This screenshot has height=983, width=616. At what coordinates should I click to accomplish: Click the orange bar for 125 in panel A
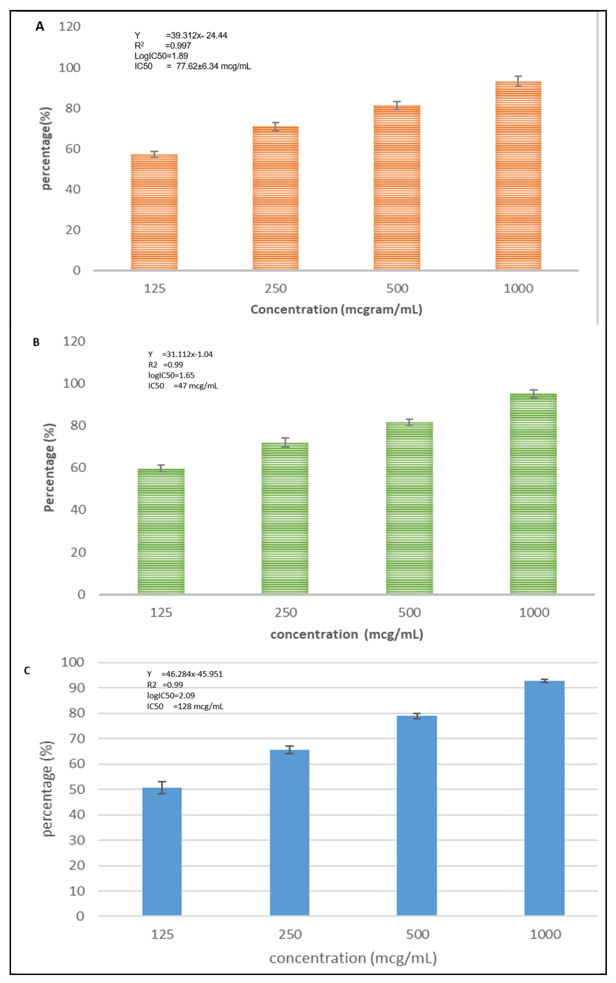click(x=154, y=212)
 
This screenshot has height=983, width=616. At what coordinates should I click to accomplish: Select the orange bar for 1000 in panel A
click(x=518, y=175)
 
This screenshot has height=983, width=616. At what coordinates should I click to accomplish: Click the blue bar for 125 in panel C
click(x=162, y=851)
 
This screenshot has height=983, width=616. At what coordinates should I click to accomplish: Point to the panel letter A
click(x=39, y=27)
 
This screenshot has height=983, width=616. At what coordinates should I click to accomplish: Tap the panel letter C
click(x=27, y=670)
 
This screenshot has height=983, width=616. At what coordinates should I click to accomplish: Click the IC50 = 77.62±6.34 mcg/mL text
click(x=192, y=66)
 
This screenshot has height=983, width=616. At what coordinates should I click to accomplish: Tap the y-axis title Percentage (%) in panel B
click(x=49, y=467)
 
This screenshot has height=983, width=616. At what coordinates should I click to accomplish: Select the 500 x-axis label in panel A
click(x=397, y=289)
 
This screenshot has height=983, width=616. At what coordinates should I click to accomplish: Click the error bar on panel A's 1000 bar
click(x=518, y=81)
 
